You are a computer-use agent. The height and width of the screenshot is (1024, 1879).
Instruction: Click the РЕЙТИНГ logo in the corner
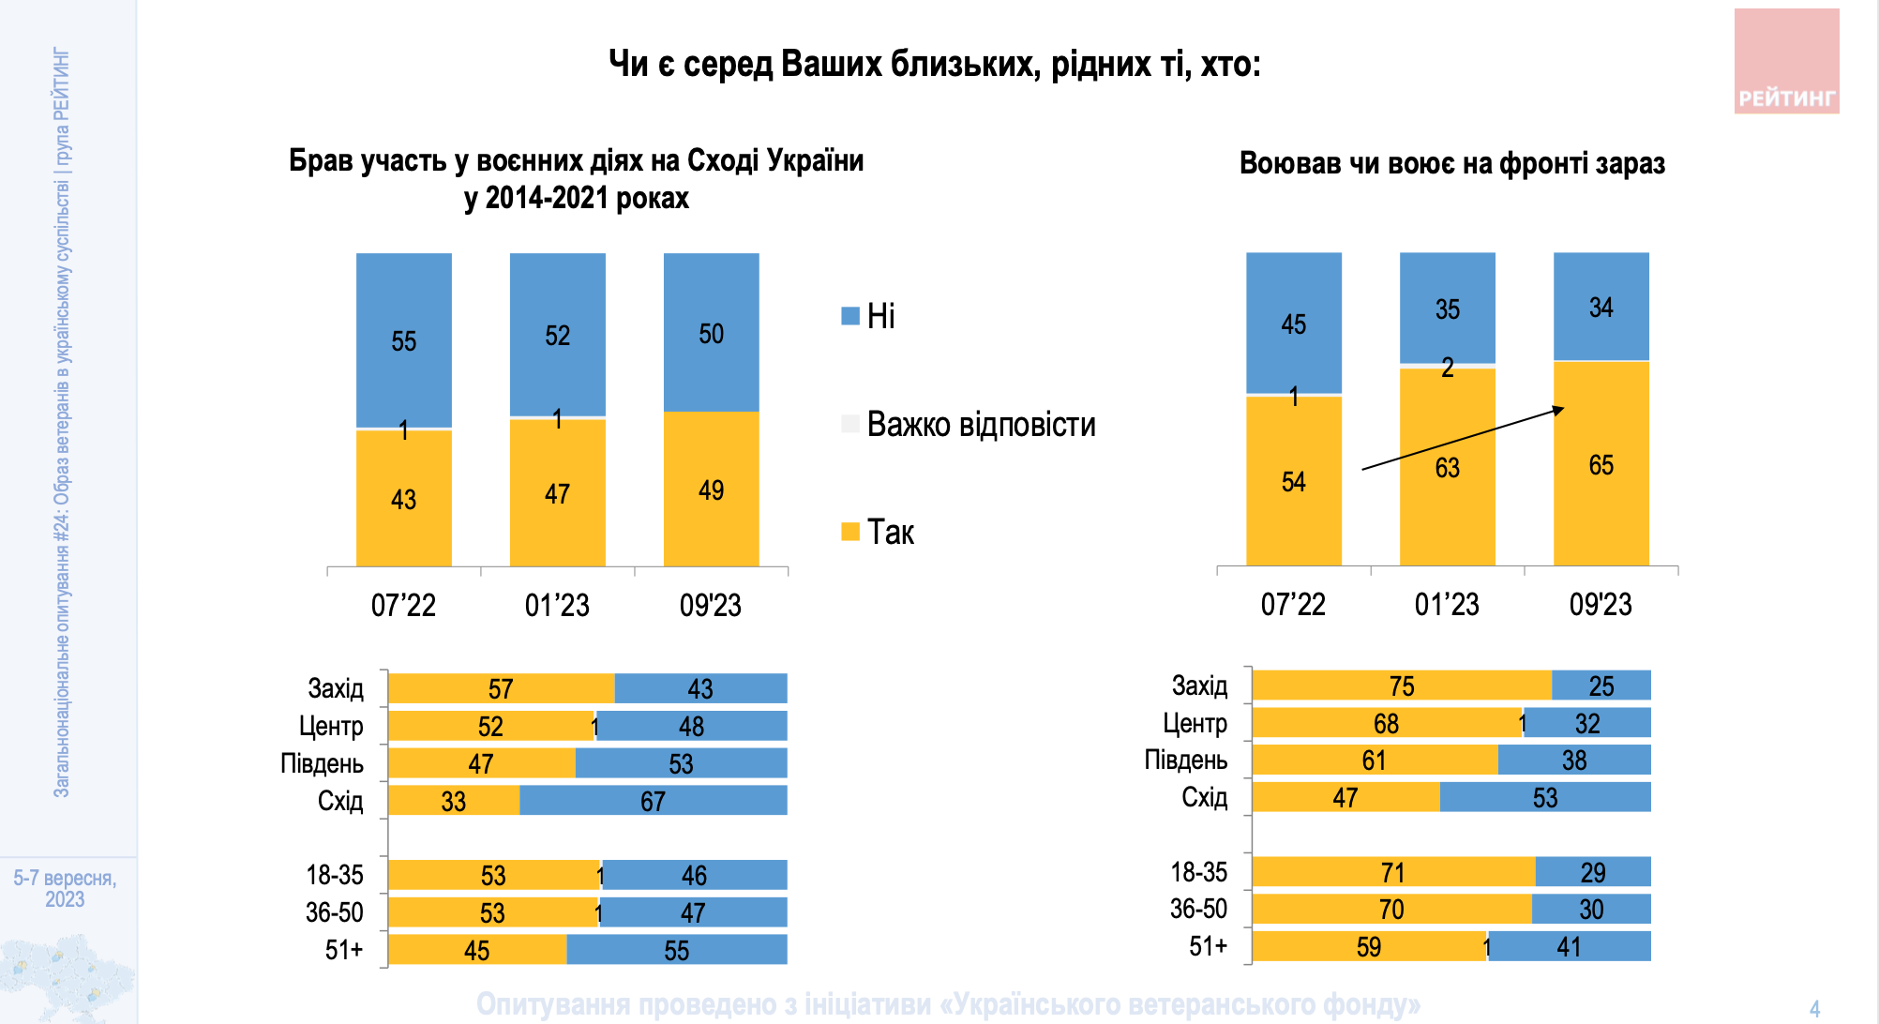pos(1786,62)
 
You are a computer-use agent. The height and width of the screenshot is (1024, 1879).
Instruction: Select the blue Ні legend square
pos(850,316)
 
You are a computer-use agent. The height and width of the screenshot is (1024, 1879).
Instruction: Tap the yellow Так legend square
pos(850,532)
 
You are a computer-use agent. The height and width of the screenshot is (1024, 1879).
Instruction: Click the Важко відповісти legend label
pos(981,424)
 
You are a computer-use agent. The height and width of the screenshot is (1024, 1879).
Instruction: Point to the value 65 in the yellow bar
pos(1601,465)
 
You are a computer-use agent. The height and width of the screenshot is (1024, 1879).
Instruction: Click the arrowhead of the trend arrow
pos(1559,409)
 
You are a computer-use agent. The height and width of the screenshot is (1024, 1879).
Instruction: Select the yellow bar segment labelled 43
pos(403,498)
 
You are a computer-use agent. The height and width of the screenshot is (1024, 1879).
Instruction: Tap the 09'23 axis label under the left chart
pos(710,605)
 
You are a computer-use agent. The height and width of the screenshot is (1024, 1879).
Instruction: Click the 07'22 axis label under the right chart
pos(1293,604)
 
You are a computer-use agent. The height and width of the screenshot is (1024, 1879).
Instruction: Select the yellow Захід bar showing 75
pos(1401,685)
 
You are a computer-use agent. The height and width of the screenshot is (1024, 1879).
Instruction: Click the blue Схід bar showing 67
pos(653,801)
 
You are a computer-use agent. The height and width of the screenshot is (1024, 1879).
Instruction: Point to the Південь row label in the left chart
pos(322,763)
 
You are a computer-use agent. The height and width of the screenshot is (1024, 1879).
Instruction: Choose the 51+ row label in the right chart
pos(1208,946)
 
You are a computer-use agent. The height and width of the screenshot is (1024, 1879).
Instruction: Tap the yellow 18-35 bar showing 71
pos(1392,872)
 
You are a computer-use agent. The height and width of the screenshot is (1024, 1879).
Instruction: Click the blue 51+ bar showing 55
pos(676,950)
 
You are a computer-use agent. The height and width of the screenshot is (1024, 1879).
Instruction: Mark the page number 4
pos(1814,1009)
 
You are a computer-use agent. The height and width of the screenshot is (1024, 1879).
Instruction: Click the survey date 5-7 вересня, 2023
pos(65,888)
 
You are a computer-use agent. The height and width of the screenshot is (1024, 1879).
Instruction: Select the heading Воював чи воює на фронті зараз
pos(1451,163)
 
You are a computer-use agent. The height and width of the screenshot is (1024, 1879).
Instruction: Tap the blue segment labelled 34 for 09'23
pos(1601,307)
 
